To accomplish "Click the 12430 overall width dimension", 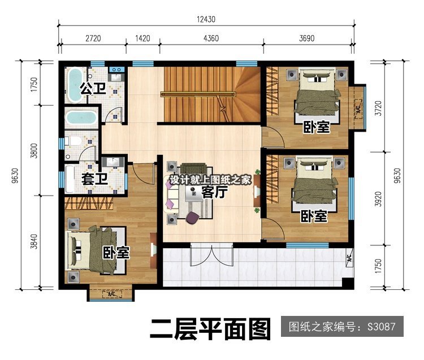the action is point(206,19).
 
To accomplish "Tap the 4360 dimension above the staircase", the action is point(211,38).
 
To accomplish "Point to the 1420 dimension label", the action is point(142,38).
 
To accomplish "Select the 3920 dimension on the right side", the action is point(379,198).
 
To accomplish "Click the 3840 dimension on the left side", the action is point(34,241).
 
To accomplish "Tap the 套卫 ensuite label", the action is point(94,179).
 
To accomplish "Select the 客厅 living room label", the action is point(214,192).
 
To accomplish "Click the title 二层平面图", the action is point(210,328).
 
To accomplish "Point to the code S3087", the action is point(381,327).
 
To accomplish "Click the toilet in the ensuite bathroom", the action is point(73,141).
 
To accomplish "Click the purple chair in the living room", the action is point(193,217).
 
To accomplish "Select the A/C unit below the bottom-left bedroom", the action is point(111,293).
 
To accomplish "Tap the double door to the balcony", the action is point(212,254).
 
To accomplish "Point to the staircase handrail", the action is point(198,94).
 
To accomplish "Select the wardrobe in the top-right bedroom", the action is point(272,93).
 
